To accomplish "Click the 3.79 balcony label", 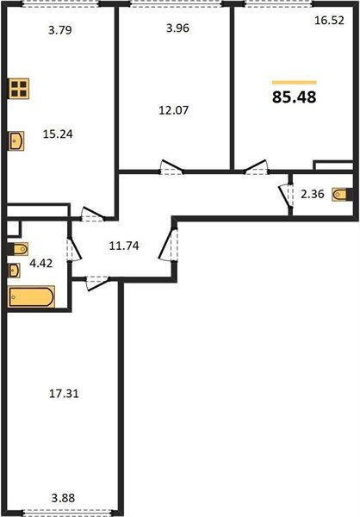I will tap(60, 33).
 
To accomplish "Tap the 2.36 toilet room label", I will tap(309, 195).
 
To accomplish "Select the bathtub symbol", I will tap(31, 298).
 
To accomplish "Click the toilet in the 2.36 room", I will tap(342, 195).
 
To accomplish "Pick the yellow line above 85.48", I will tap(293, 81).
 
